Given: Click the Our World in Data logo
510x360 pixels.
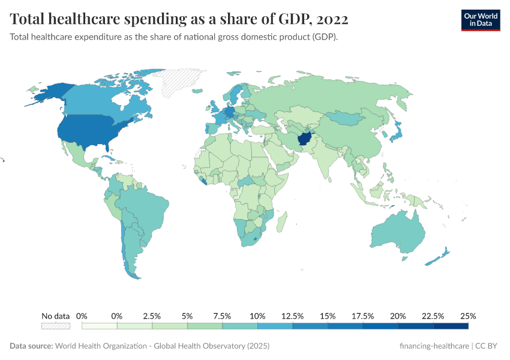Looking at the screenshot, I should click(x=480, y=20).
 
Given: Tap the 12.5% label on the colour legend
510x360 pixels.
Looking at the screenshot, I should click(x=292, y=316).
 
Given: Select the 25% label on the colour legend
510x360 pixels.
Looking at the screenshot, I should click(x=468, y=316).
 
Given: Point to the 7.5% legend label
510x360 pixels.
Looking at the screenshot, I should click(x=222, y=316).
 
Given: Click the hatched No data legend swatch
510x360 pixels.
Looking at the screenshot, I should click(x=56, y=326).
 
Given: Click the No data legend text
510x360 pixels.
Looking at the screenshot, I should click(x=56, y=316).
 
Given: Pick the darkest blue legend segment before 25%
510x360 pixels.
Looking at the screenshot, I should click(x=451, y=326).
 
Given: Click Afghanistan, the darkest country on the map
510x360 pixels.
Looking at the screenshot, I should click(x=305, y=139).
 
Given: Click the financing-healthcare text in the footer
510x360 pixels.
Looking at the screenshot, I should click(x=434, y=346).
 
